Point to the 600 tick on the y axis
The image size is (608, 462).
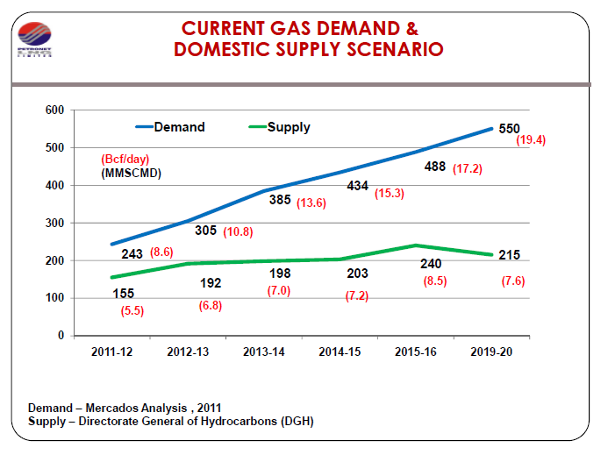click(x=55, y=110)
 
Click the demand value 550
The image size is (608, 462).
click(x=509, y=129)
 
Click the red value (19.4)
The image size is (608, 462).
click(x=532, y=140)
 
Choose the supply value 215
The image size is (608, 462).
click(x=509, y=255)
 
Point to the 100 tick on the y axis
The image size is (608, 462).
click(x=55, y=298)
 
